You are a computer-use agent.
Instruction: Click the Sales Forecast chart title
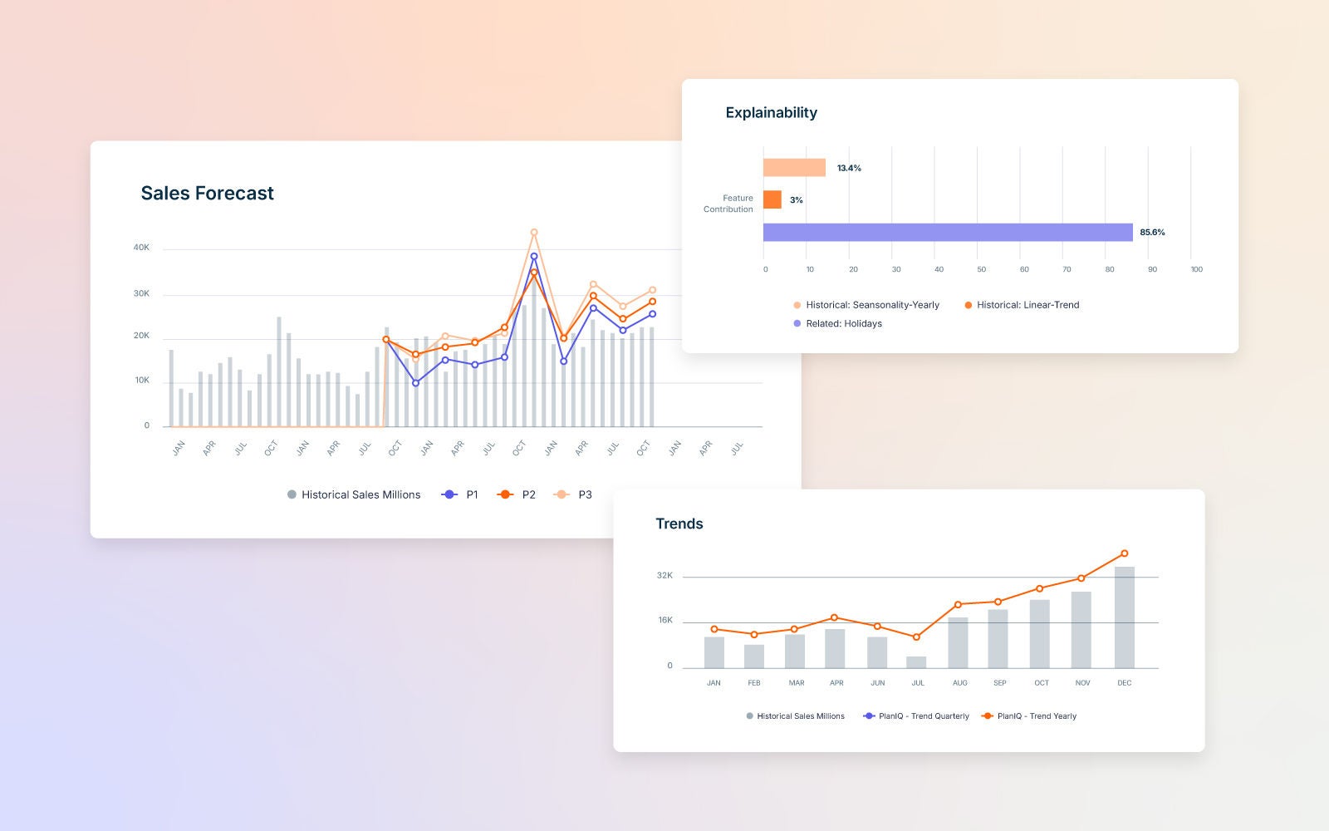pos(207,194)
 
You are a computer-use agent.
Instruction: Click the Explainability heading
pos(771,113)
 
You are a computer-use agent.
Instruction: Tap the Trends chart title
pos(679,524)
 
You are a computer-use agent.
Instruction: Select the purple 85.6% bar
pos(947,233)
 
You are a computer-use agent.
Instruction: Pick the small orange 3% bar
pos(772,200)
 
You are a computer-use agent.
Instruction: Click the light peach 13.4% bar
pos(794,168)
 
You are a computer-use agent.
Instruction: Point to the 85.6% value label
pos(1152,233)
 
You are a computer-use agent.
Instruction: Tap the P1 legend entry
pos(461,494)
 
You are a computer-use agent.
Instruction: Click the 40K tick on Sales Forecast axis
pos(141,248)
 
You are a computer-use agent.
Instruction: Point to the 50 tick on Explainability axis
pos(981,269)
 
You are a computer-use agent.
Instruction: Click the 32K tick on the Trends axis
pos(664,575)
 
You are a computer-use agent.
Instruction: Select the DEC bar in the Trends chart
pos(1124,617)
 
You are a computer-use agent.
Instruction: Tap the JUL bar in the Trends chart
pos(916,662)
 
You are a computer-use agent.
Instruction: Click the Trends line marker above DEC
pos(1124,553)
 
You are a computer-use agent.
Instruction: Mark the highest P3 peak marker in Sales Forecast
pos(534,233)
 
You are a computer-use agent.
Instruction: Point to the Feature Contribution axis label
pos(728,204)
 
